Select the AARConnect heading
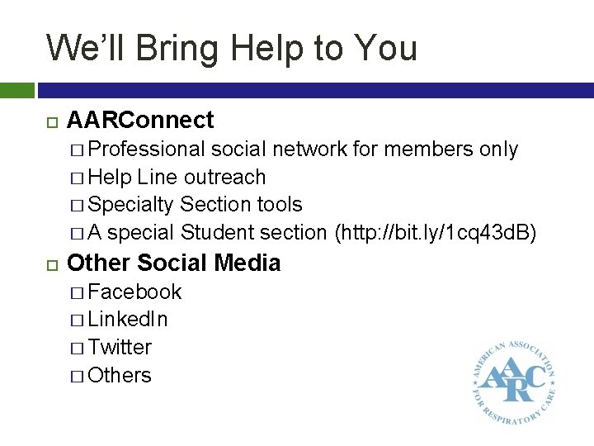[139, 121]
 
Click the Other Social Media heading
[173, 263]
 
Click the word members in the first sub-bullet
[413, 149]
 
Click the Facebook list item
[134, 292]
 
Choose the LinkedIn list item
[128, 320]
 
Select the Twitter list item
[120, 348]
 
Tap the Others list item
[120, 376]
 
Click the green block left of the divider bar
[16, 89]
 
